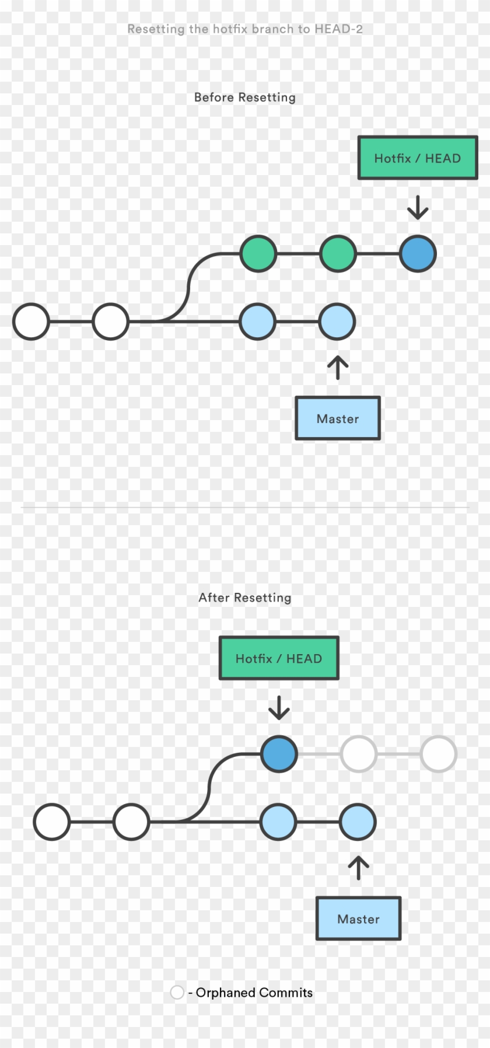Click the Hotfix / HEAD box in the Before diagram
point(417,158)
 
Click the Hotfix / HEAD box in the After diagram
point(279,658)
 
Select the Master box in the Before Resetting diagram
point(338,418)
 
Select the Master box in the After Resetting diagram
point(358,918)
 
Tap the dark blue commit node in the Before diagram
point(418,254)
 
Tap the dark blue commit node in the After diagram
point(279,754)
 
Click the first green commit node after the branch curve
point(258,254)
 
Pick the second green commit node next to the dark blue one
point(338,254)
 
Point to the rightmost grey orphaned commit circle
point(438,754)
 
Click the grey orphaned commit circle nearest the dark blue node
point(358,754)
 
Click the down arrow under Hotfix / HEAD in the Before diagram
point(418,208)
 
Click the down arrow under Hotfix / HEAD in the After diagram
point(279,707)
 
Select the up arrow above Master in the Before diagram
point(338,368)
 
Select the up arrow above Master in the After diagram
point(358,868)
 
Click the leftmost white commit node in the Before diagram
point(31,322)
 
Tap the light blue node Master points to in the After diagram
point(358,822)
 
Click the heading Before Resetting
point(244,97)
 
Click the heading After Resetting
point(244,598)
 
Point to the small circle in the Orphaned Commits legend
point(177,992)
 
